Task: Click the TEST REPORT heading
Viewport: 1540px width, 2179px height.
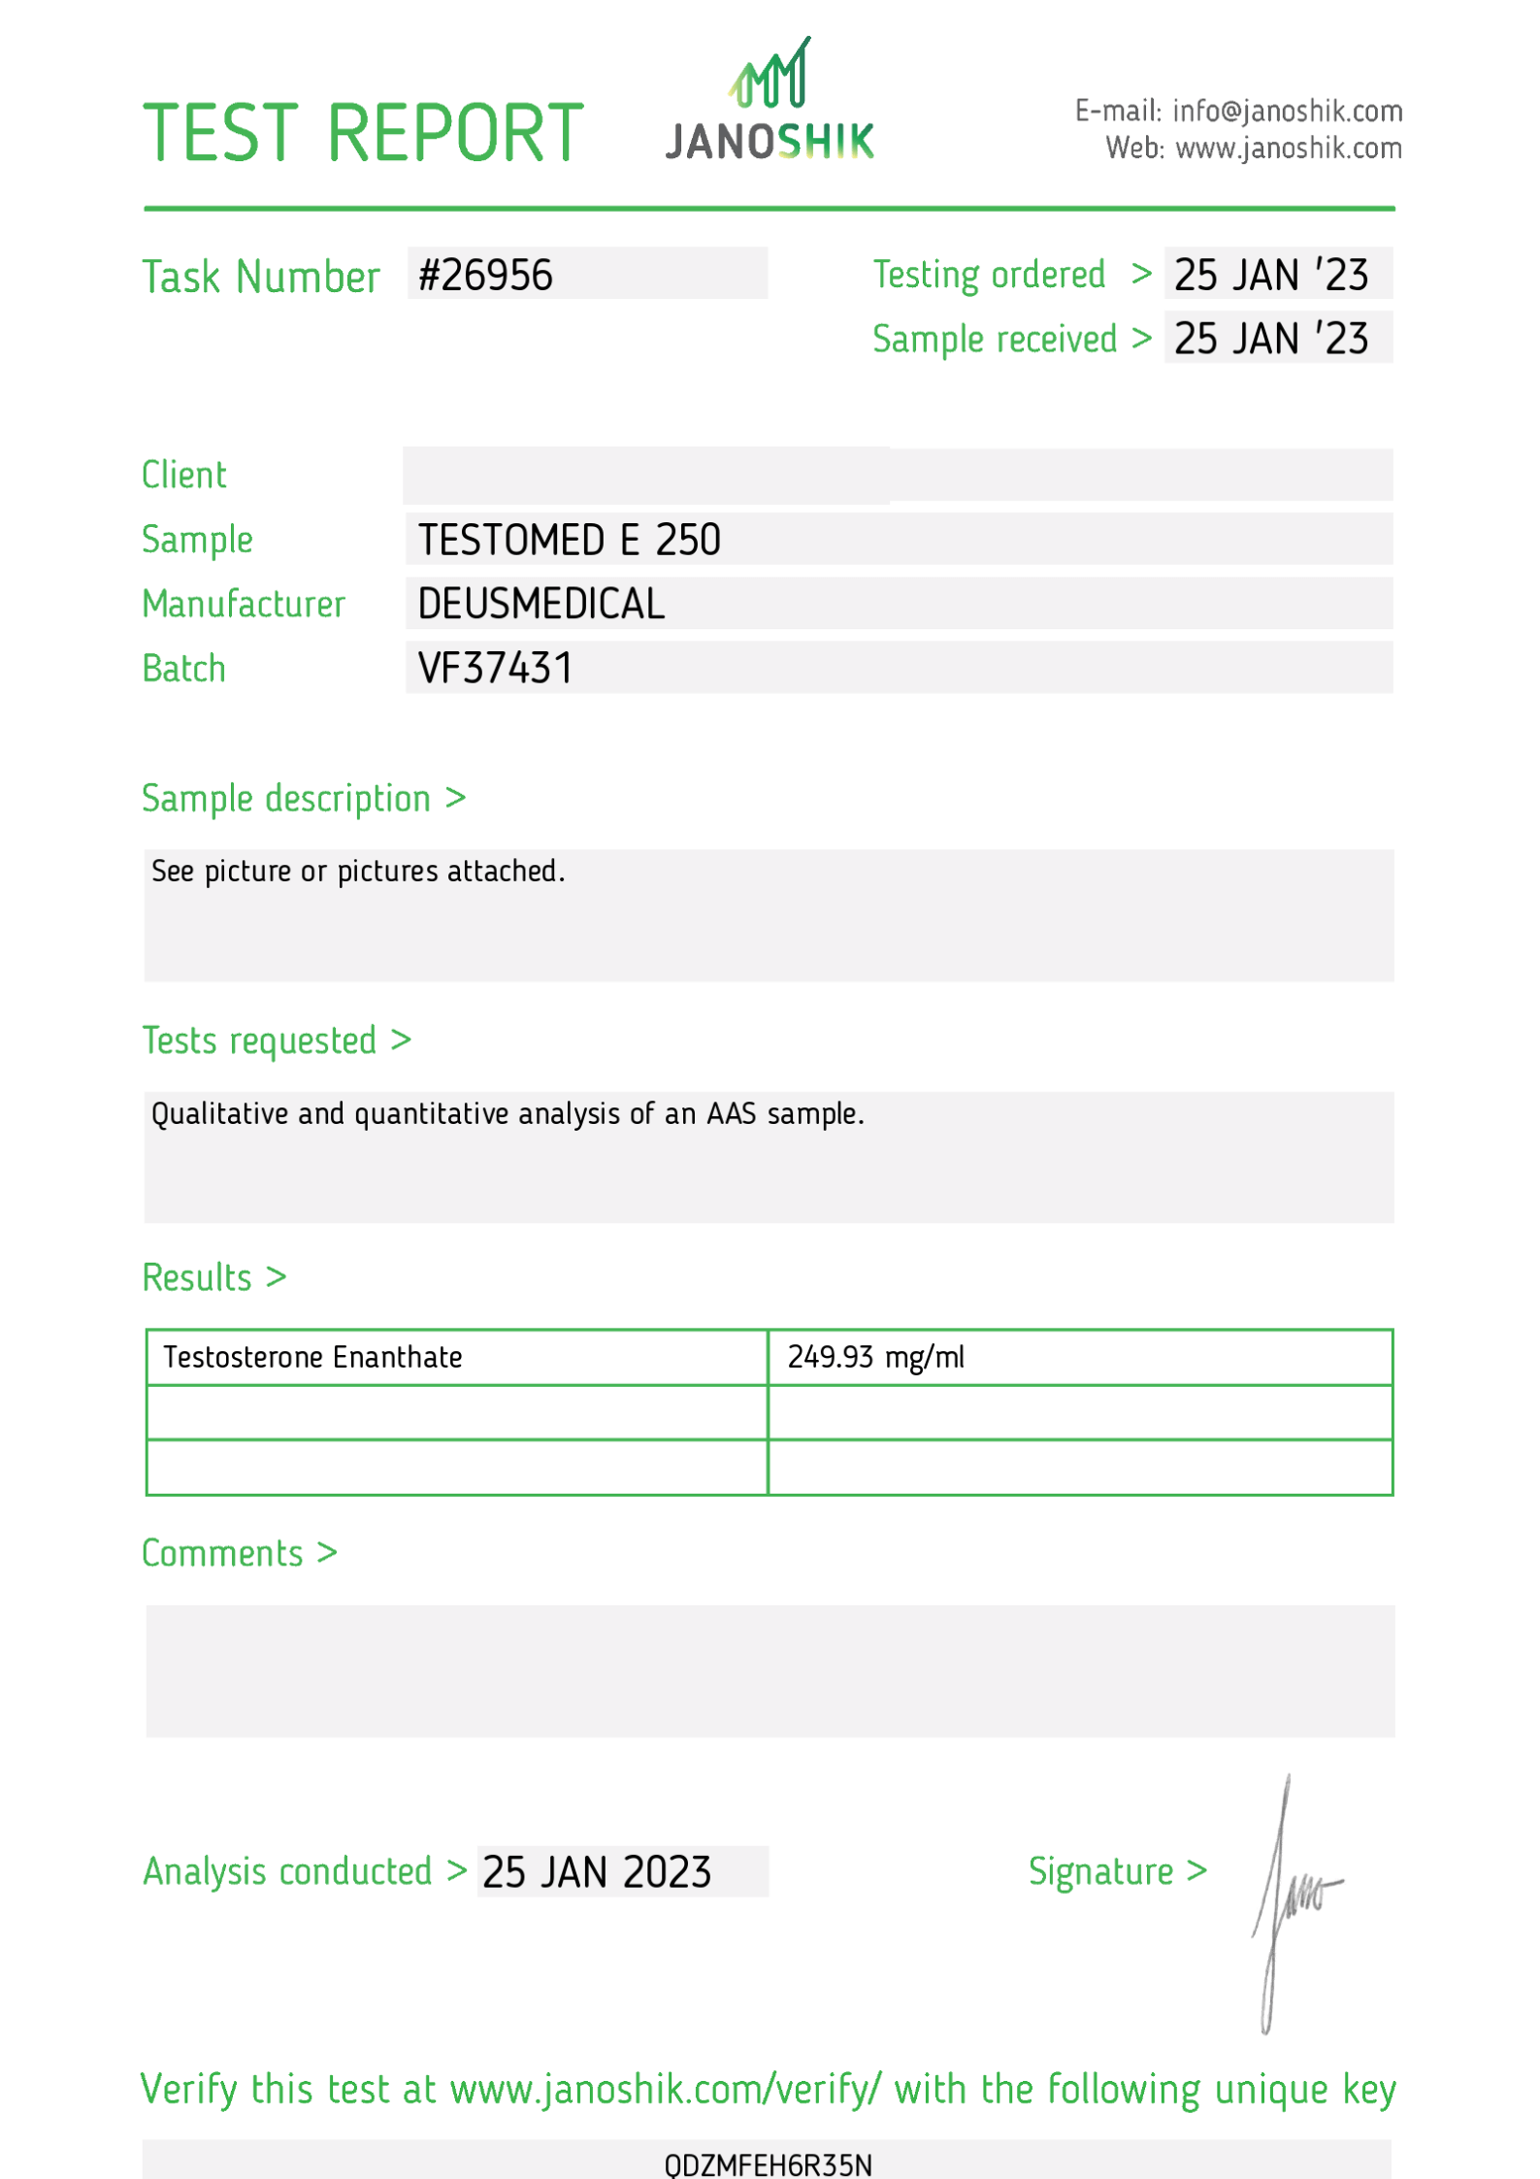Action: click(363, 133)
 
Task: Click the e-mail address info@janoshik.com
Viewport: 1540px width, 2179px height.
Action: click(1287, 112)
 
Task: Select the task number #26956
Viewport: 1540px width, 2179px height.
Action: click(485, 276)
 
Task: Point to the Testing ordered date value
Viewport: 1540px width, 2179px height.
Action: click(1270, 276)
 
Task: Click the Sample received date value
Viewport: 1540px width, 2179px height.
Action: click(1270, 340)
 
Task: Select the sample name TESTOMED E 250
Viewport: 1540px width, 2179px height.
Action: click(570, 540)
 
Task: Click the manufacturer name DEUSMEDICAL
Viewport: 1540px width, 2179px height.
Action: click(541, 604)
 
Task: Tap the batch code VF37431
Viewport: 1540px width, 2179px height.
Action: click(495, 669)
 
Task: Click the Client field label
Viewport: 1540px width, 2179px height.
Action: click(184, 476)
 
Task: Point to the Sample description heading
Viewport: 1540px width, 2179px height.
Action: click(286, 799)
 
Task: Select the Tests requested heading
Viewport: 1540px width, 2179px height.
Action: click(259, 1040)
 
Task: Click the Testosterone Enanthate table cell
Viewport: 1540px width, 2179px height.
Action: click(312, 1357)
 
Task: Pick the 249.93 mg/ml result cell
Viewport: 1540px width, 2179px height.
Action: click(875, 1357)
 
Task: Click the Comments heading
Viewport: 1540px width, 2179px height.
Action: click(222, 1554)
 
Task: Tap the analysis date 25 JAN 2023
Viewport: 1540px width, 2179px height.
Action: click(597, 1872)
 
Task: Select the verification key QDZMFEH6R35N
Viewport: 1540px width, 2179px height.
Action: click(768, 2164)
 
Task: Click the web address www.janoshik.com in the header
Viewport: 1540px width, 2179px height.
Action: click(1289, 149)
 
